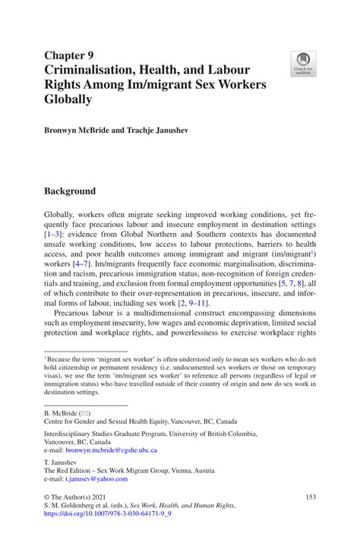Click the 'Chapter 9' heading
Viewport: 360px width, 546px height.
(69, 54)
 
